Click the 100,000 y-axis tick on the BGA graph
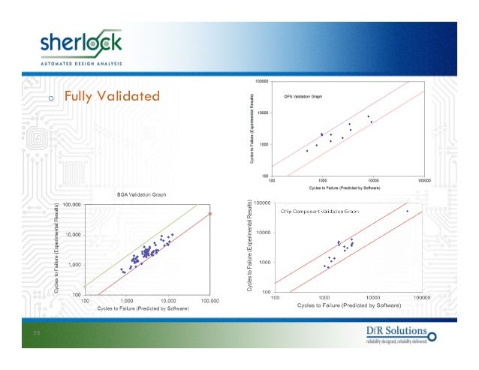point(71,204)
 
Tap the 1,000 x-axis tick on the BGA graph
point(126,301)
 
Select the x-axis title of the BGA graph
point(140,309)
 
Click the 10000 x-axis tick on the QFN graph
point(373,181)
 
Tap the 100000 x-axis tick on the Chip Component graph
point(421,297)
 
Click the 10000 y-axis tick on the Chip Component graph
point(263,233)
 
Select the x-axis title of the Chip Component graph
point(348,305)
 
